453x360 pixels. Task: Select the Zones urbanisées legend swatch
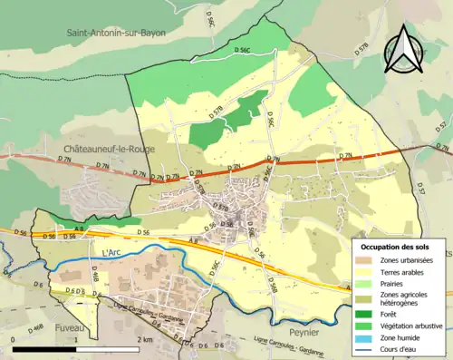368,261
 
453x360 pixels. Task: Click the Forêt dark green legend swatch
368,310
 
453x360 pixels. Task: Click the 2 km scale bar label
146,339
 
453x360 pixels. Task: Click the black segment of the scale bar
43,348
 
